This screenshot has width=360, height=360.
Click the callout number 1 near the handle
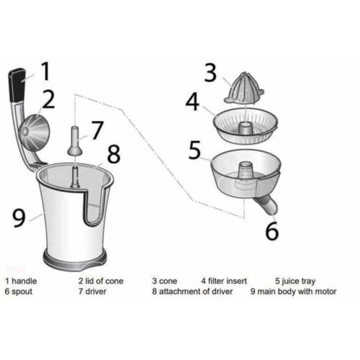(45, 71)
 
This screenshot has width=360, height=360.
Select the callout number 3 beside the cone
(210, 73)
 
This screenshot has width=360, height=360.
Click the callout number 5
(195, 150)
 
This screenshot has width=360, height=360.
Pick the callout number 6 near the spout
(271, 231)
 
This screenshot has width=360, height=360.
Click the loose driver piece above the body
(76, 142)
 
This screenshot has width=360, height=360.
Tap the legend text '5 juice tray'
(295, 281)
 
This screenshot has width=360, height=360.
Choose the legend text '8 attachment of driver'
(193, 292)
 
